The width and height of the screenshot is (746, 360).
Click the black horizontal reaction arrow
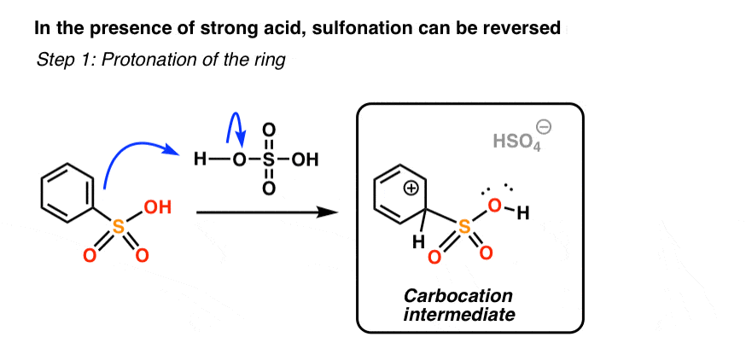click(x=265, y=212)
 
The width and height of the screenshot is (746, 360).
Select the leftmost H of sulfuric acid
click(x=198, y=160)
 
